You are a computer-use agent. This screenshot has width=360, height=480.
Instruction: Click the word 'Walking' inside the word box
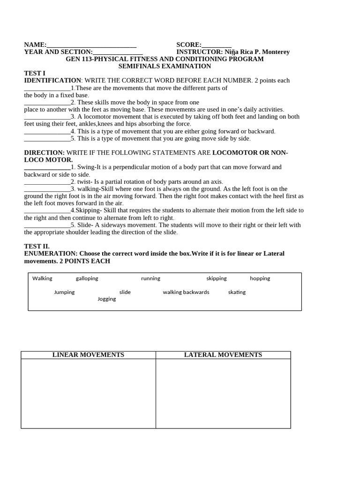click(x=42, y=278)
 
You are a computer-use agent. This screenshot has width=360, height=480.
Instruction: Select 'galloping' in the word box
click(x=87, y=278)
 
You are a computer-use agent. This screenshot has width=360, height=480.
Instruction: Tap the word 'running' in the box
click(x=150, y=278)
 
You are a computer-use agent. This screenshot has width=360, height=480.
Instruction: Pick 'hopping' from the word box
click(x=260, y=278)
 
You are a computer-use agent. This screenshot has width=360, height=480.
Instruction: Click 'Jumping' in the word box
click(x=64, y=292)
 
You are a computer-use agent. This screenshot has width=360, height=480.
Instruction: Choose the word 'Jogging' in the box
click(x=107, y=299)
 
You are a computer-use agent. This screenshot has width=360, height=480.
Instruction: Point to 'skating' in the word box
click(x=237, y=292)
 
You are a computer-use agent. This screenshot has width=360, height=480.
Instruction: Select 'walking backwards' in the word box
click(x=186, y=292)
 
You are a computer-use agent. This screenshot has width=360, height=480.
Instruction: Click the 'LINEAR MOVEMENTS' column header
click(x=88, y=355)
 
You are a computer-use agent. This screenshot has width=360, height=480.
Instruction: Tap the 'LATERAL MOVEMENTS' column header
click(x=223, y=355)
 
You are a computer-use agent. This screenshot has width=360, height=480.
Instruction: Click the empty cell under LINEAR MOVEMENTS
click(x=88, y=393)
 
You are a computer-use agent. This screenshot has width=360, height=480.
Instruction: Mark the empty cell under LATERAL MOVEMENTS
click(x=223, y=393)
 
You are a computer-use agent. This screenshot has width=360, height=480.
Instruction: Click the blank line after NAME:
click(x=91, y=45)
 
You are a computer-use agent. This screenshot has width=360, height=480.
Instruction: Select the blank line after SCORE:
click(x=217, y=45)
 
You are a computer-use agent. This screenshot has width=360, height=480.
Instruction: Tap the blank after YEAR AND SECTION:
click(x=118, y=52)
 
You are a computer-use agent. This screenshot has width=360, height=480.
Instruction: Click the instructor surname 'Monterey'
click(x=274, y=52)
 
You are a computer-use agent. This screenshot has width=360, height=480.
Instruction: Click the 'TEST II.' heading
click(x=37, y=246)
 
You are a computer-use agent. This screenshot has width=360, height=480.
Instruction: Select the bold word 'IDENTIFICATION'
click(x=52, y=81)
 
